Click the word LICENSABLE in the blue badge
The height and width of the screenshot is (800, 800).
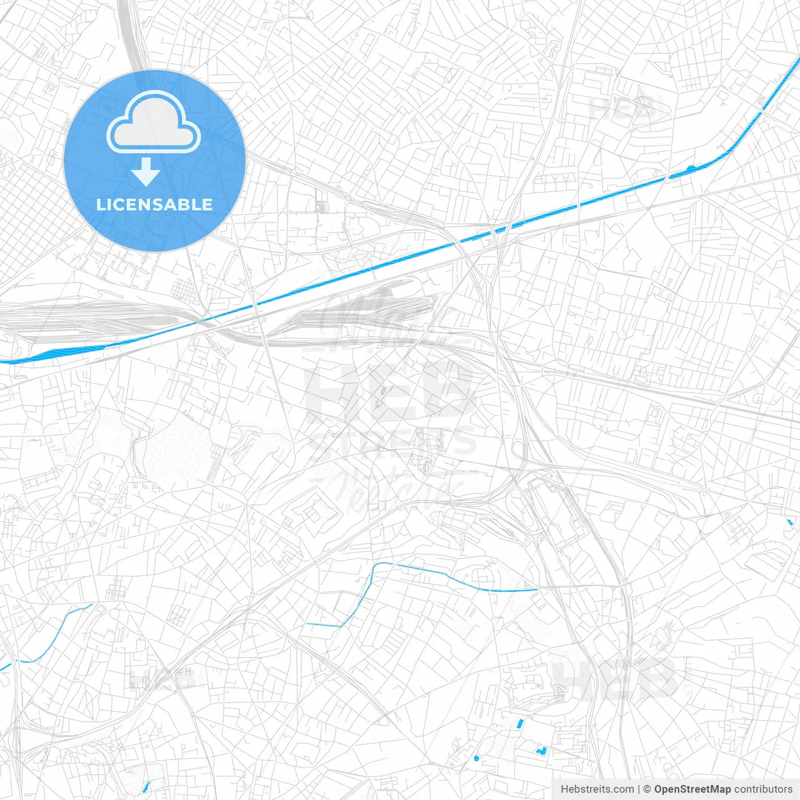(154, 204)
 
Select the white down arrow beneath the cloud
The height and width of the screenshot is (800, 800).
(146, 172)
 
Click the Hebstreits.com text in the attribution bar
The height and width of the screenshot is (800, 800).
(597, 789)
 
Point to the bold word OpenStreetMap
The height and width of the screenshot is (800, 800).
(692, 789)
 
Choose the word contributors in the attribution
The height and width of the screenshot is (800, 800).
(762, 789)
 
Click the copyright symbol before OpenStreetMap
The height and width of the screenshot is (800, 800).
(647, 789)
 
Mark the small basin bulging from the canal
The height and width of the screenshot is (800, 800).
(690, 168)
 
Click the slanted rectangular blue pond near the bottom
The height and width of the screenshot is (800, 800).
(520, 723)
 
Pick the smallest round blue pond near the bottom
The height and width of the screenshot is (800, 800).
(476, 758)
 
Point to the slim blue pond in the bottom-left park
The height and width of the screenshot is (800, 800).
(146, 786)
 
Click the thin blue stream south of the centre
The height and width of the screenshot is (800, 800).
(450, 578)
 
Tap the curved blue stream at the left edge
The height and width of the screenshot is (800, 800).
(50, 641)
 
